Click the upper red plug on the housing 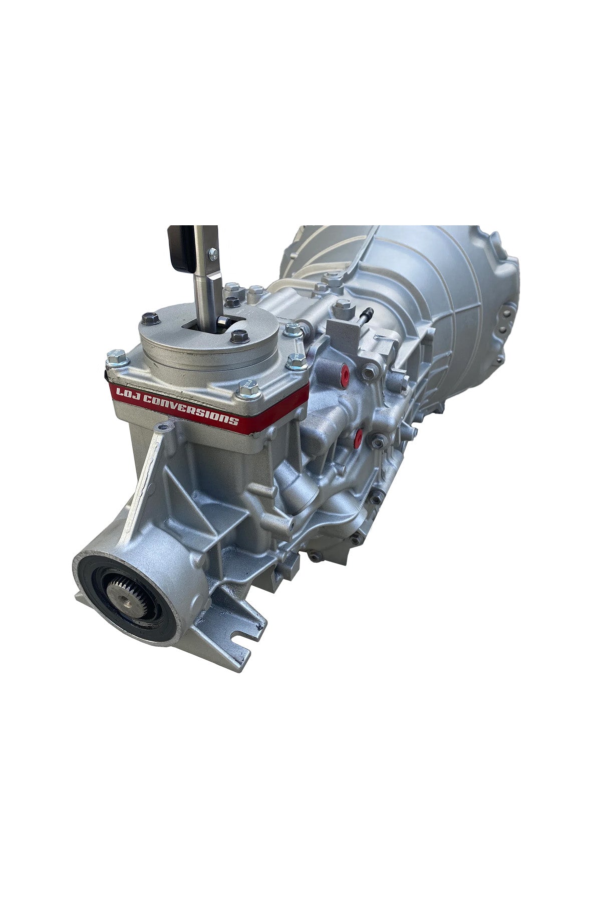(345, 371)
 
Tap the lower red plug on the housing (358, 437)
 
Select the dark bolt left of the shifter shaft (148, 318)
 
